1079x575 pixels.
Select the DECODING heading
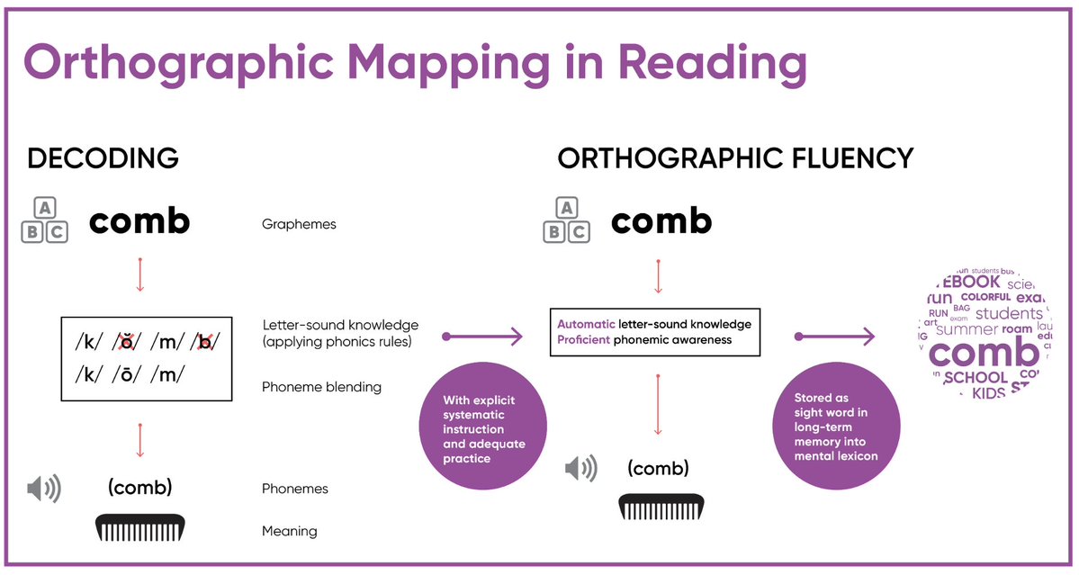pyautogui.click(x=103, y=159)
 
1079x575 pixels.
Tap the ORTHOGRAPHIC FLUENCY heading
pyautogui.click(x=735, y=159)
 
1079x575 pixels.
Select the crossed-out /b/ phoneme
pyautogui.click(x=206, y=343)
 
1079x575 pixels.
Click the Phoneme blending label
pyautogui.click(x=321, y=387)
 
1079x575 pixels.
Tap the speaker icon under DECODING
pyautogui.click(x=43, y=490)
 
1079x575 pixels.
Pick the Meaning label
pyautogui.click(x=289, y=531)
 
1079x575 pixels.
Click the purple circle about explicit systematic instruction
pyautogui.click(x=484, y=423)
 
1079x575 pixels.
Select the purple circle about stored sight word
pyautogui.click(x=836, y=427)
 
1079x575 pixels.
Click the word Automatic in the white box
pyautogui.click(x=586, y=324)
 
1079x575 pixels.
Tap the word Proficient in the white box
pyautogui.click(x=584, y=340)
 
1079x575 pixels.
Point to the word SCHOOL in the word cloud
pyautogui.click(x=976, y=378)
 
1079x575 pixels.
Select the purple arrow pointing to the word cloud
pyautogui.click(x=835, y=337)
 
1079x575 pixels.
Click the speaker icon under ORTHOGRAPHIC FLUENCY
pyautogui.click(x=580, y=469)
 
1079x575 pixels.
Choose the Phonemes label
pyautogui.click(x=294, y=490)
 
